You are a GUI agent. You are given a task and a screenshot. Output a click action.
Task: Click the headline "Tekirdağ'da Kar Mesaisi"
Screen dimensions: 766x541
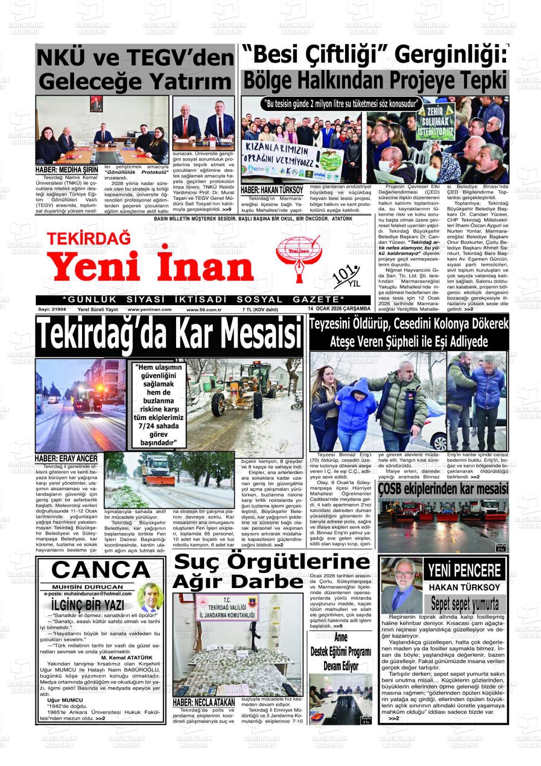[169, 334]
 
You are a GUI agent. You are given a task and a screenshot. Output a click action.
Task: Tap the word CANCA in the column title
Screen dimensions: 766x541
[101, 570]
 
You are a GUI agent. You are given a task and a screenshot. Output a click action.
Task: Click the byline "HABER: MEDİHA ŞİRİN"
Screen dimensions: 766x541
[67, 170]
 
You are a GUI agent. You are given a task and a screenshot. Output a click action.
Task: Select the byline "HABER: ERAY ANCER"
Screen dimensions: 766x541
[66, 458]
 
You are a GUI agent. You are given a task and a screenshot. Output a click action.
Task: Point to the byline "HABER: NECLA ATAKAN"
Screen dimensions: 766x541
[204, 702]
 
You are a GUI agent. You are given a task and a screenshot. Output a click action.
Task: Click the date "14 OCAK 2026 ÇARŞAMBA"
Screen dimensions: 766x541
[339, 309]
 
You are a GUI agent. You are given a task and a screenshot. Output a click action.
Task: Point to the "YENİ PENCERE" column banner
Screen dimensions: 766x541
[464, 570]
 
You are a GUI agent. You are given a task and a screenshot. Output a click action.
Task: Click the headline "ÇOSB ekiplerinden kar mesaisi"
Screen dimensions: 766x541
[443, 488]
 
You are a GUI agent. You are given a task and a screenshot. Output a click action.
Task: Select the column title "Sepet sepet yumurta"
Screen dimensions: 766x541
[465, 604]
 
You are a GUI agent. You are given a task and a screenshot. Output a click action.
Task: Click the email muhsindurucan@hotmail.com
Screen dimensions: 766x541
[88, 594]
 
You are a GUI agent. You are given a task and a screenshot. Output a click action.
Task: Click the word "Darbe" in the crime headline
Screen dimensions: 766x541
[271, 581]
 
